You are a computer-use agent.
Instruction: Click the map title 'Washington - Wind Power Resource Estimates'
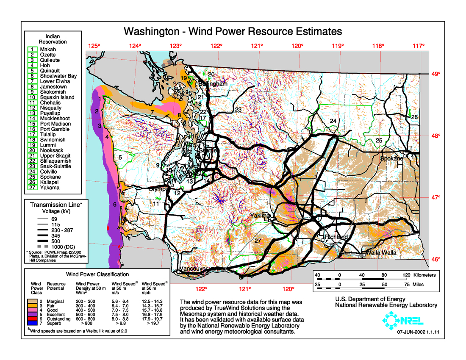click(x=232, y=31)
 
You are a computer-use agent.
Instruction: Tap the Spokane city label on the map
click(x=391, y=158)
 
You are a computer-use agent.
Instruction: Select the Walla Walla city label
click(x=381, y=253)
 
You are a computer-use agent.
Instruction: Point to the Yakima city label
click(x=260, y=216)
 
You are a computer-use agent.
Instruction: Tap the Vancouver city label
click(x=194, y=269)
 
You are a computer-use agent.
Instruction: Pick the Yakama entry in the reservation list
click(x=50, y=188)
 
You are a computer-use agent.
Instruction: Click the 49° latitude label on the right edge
click(x=436, y=74)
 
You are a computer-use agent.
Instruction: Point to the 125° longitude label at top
click(x=94, y=46)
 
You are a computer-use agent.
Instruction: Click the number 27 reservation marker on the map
click(x=258, y=241)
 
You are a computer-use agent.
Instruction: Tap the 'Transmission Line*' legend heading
click(x=56, y=205)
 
